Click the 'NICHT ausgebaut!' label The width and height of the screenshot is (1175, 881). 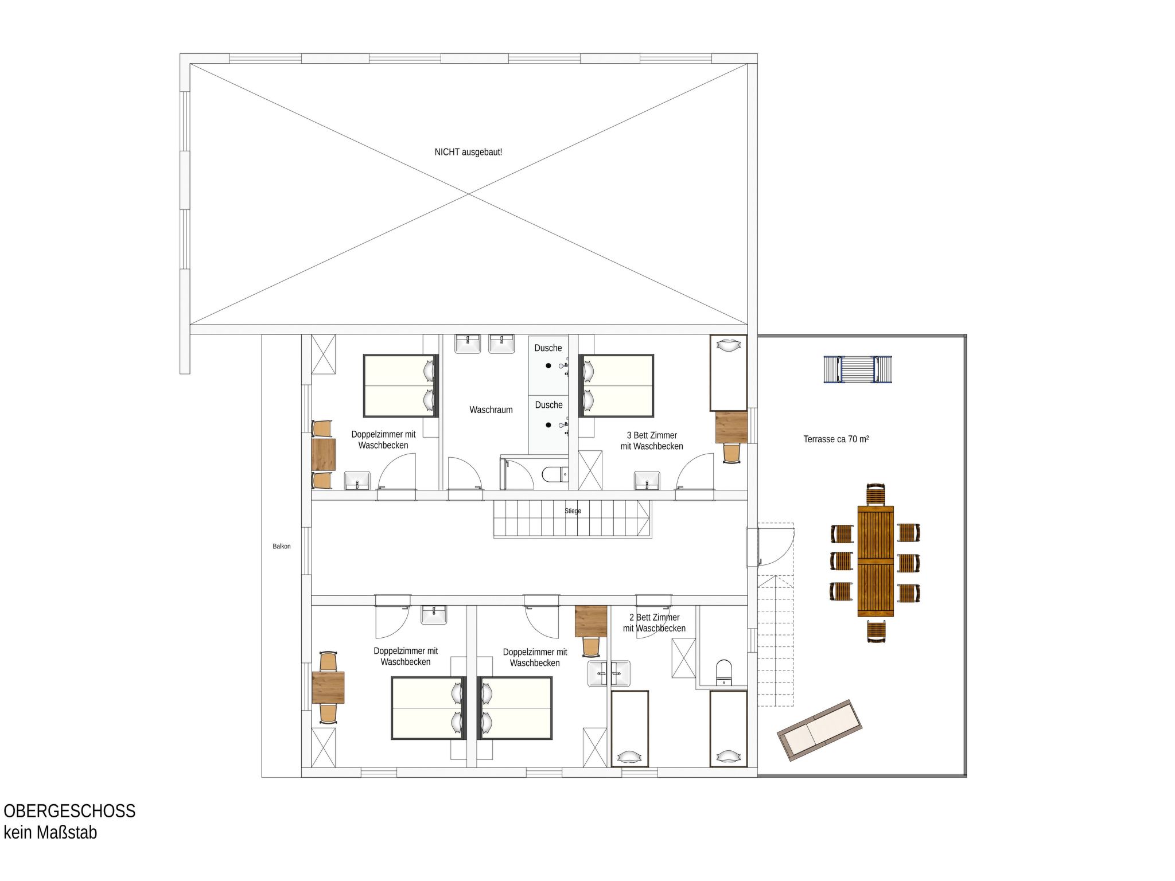pos(468,152)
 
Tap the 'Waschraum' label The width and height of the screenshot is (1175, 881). pos(491,410)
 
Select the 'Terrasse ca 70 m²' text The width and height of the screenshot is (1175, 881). pos(836,439)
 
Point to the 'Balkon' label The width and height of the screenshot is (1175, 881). pos(282,546)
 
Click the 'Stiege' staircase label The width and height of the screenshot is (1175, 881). pos(573,510)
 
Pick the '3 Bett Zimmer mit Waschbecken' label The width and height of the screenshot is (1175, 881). pos(652,440)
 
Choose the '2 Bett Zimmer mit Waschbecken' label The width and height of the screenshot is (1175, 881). pos(654,622)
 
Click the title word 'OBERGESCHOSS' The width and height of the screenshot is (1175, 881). pos(69,810)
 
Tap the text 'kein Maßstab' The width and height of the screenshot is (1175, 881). pos(50,832)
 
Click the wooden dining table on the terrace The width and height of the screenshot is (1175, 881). pos(876,561)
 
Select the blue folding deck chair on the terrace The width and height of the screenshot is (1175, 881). pos(858,369)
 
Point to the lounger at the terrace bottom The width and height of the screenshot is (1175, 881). pos(820,730)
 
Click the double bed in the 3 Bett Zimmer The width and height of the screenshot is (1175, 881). pos(616,385)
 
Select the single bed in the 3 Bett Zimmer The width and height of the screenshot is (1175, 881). pos(729,373)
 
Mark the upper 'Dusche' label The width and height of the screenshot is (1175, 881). pos(548,348)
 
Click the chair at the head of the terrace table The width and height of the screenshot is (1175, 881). pos(876,494)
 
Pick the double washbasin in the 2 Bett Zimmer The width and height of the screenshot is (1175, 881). pos(608,673)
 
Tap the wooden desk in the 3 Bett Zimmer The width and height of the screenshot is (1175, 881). pos(732,427)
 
